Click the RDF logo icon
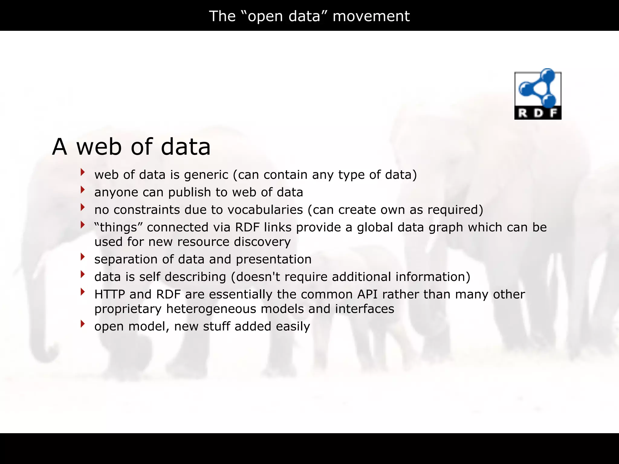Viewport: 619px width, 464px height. pos(538,94)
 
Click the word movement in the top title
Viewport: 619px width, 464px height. pos(371,16)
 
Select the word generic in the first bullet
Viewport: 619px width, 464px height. pos(206,175)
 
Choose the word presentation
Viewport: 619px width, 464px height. pos(274,259)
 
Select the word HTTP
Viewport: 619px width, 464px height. pos(110,294)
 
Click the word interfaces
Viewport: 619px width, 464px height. pos(364,309)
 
